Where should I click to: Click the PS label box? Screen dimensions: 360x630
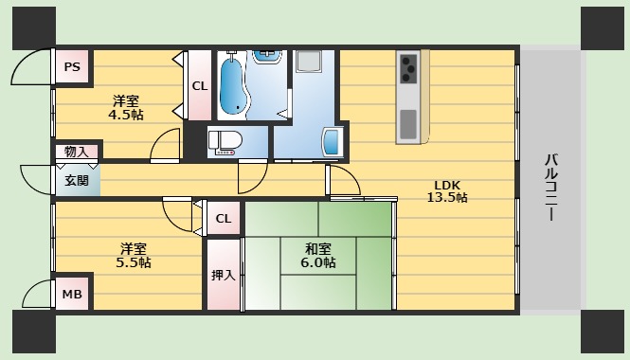click(x=71, y=67)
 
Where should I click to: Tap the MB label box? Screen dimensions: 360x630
click(x=72, y=295)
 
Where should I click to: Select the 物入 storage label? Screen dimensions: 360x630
click(x=76, y=151)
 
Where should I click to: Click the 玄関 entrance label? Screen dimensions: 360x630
click(x=77, y=180)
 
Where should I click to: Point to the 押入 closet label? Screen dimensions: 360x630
click(x=224, y=275)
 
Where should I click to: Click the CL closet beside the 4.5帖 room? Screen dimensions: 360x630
click(x=200, y=86)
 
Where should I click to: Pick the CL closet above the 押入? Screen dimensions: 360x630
click(x=224, y=220)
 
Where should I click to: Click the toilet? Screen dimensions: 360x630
click(x=226, y=142)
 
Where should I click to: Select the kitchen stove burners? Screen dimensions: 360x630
click(x=409, y=68)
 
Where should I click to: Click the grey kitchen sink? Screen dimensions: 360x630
click(x=407, y=124)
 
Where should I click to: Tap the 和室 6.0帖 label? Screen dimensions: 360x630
click(x=317, y=256)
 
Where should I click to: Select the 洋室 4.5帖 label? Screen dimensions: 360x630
click(x=126, y=107)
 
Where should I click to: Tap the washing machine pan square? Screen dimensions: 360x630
click(x=310, y=63)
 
